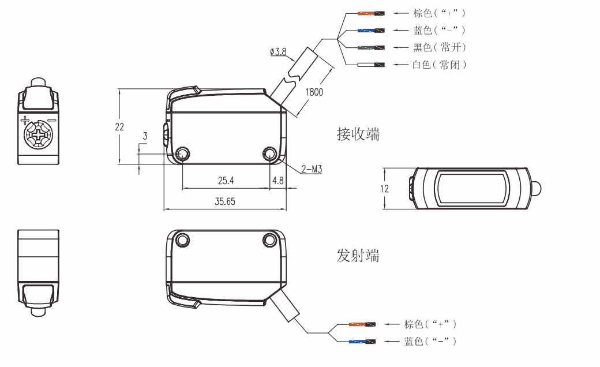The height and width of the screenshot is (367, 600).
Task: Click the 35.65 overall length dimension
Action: pyautogui.click(x=225, y=201)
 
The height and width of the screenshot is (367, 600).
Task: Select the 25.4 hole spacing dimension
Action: pyautogui.click(x=226, y=180)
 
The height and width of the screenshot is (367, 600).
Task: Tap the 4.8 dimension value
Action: pyautogui.click(x=277, y=180)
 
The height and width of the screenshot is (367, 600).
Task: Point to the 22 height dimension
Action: pyautogui.click(x=119, y=127)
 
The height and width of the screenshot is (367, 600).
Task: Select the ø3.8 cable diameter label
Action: pyautogui.click(x=277, y=52)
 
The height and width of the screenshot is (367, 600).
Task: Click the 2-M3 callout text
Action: pyautogui.click(x=311, y=170)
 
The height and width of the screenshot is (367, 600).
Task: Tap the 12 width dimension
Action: pyautogui.click(x=385, y=188)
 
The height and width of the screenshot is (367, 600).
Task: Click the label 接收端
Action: pyautogui.click(x=358, y=134)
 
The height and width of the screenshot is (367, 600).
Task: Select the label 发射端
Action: pyautogui.click(x=358, y=254)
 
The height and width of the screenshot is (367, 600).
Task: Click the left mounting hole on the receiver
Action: pyautogui.click(x=183, y=153)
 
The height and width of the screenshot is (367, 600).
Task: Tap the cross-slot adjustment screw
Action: pyautogui.click(x=38, y=137)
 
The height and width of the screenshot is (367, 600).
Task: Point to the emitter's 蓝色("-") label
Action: pyautogui.click(x=430, y=341)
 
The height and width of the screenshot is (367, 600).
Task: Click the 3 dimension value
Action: pyautogui.click(x=145, y=136)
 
